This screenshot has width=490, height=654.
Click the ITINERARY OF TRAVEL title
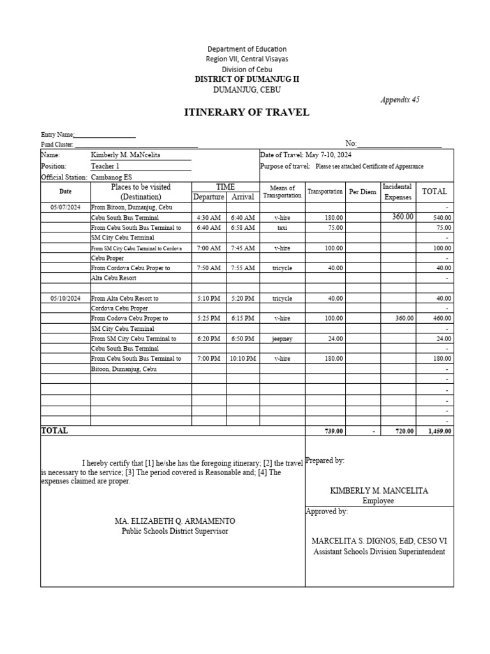point(246,112)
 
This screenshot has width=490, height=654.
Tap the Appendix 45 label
point(400,100)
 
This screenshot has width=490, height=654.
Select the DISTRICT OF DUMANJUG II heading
point(246,79)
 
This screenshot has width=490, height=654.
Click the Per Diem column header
point(362,192)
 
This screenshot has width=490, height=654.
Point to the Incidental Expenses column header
point(397,192)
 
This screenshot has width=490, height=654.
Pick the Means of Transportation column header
point(282,192)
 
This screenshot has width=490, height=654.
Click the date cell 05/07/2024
point(65,207)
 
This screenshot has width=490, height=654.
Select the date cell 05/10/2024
point(65,298)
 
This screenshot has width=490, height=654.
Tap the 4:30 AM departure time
point(209,217)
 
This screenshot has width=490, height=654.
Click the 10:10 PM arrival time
point(243,359)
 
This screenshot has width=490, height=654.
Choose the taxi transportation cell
point(282,227)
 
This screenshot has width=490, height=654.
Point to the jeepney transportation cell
point(282,338)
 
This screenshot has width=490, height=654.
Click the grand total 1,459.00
point(440,431)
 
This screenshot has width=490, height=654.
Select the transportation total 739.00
point(334,431)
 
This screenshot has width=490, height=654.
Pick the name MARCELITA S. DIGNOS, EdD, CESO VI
point(379,541)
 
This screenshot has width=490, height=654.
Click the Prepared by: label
point(325,460)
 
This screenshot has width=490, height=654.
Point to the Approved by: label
point(327,512)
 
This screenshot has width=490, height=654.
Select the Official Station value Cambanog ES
point(112,177)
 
